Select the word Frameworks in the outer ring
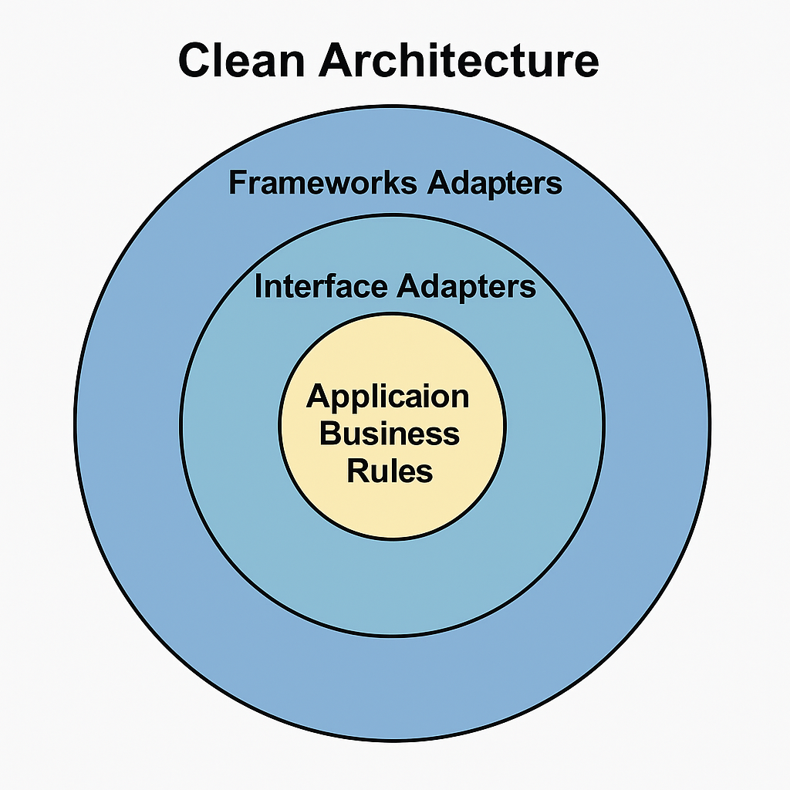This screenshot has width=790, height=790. click(x=324, y=184)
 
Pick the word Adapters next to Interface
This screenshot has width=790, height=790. click(x=466, y=286)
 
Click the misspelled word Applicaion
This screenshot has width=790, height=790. click(x=387, y=397)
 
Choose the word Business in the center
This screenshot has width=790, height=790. click(x=389, y=434)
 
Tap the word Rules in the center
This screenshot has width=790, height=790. click(x=390, y=470)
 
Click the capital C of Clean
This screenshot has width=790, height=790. click(x=197, y=60)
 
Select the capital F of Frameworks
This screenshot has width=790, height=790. click(x=238, y=184)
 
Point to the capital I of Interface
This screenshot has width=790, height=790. click(x=258, y=286)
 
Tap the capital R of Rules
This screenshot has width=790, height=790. click(x=358, y=470)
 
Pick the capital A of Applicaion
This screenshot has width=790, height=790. click(x=319, y=397)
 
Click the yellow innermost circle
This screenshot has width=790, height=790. click(x=392, y=509)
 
